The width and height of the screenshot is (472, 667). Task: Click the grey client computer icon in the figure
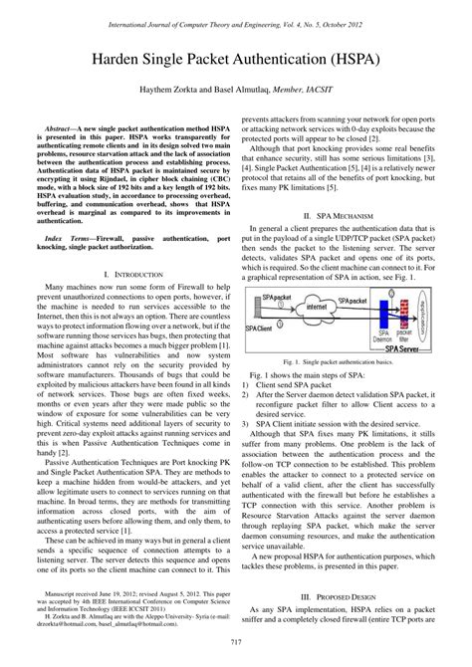click(264, 305)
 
